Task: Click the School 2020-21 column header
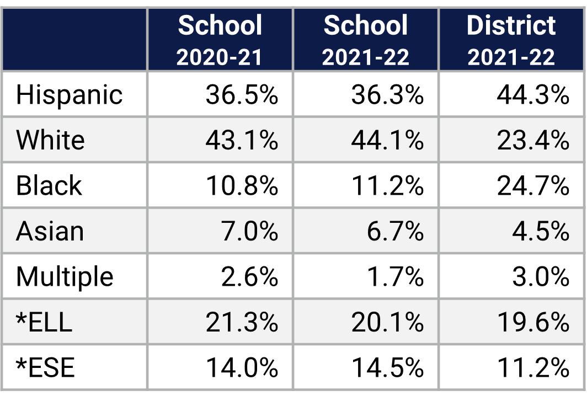click(220, 40)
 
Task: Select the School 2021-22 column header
click(366, 40)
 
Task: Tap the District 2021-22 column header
click(511, 40)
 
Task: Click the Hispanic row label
click(69, 95)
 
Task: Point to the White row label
click(50, 140)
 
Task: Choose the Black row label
click(49, 186)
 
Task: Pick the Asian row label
click(50, 231)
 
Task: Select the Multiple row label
click(65, 276)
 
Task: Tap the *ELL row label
click(44, 322)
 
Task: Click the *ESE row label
click(45, 367)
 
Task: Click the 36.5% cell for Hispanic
click(242, 95)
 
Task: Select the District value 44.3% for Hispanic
click(533, 95)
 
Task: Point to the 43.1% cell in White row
click(242, 140)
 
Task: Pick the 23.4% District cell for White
click(533, 140)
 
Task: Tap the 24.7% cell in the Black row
click(533, 186)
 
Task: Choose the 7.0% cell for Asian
click(249, 231)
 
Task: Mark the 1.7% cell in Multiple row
click(395, 276)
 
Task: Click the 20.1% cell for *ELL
click(387, 322)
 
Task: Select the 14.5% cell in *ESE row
click(387, 367)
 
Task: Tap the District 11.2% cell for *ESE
click(533, 367)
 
